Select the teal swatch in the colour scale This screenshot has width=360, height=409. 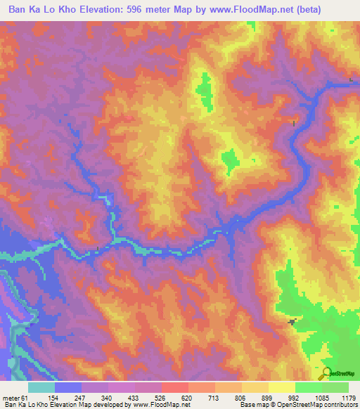click(41, 387)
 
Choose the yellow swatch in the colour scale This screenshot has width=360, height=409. click(282, 387)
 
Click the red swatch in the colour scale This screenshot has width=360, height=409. click(175, 387)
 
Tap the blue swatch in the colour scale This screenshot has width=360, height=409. click(68, 387)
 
